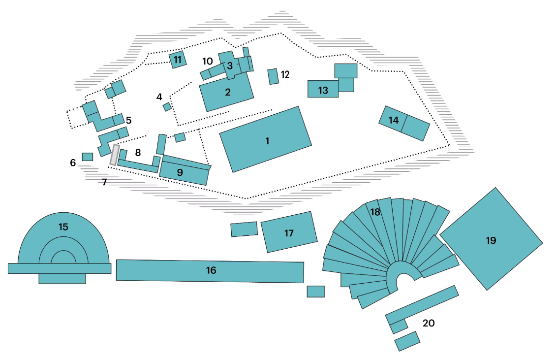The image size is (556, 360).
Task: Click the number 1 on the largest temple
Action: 267,141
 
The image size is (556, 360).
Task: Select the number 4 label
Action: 159,97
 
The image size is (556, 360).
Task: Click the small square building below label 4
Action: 167,107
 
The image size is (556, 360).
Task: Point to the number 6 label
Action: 73,163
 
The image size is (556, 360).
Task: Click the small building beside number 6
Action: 88,157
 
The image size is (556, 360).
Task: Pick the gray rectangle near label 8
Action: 115,155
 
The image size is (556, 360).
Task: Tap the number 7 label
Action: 104,182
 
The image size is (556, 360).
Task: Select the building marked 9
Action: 185,170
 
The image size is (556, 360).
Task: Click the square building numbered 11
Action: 178,60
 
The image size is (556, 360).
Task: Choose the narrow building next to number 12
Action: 273,76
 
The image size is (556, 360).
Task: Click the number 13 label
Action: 323,90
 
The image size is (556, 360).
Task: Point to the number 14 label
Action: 394,120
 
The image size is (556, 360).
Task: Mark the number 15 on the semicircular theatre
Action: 63,227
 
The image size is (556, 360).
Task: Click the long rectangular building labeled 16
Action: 210,271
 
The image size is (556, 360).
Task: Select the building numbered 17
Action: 289,232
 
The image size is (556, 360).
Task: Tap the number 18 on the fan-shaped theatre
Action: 375,212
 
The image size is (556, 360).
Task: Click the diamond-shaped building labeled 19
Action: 491,239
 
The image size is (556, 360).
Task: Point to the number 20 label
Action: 429,323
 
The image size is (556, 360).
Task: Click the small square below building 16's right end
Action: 315,292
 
